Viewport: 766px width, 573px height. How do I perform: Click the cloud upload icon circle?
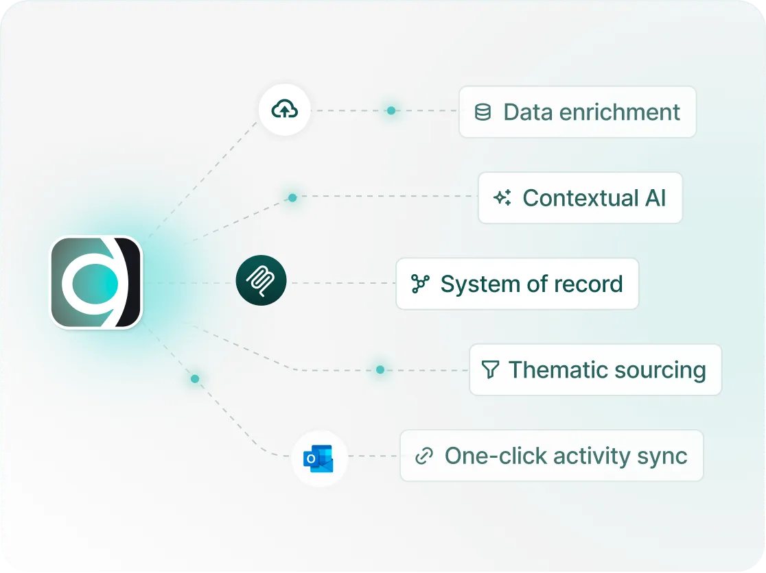pos(284,110)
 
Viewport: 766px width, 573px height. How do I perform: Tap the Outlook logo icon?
pos(318,459)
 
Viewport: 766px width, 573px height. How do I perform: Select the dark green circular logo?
pos(261,280)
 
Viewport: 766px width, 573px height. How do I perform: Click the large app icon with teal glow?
pos(96,282)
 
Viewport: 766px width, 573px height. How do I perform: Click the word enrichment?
pos(619,112)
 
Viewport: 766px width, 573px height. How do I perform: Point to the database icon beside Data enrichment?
pos(483,112)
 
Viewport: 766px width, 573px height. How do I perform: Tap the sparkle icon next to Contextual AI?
pos(502,197)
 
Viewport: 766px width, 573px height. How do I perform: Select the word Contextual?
pos(581,198)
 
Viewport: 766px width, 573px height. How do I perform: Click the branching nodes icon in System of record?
pos(420,284)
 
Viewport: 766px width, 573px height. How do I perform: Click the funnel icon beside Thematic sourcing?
pos(490,369)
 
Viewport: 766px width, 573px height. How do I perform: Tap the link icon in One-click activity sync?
pos(424,456)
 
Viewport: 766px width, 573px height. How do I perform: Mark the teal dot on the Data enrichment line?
pos(391,111)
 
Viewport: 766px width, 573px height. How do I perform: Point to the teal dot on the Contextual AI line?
pos(292,197)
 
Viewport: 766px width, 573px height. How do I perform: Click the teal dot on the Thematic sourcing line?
pos(380,369)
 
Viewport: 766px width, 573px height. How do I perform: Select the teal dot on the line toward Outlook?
pos(195,379)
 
